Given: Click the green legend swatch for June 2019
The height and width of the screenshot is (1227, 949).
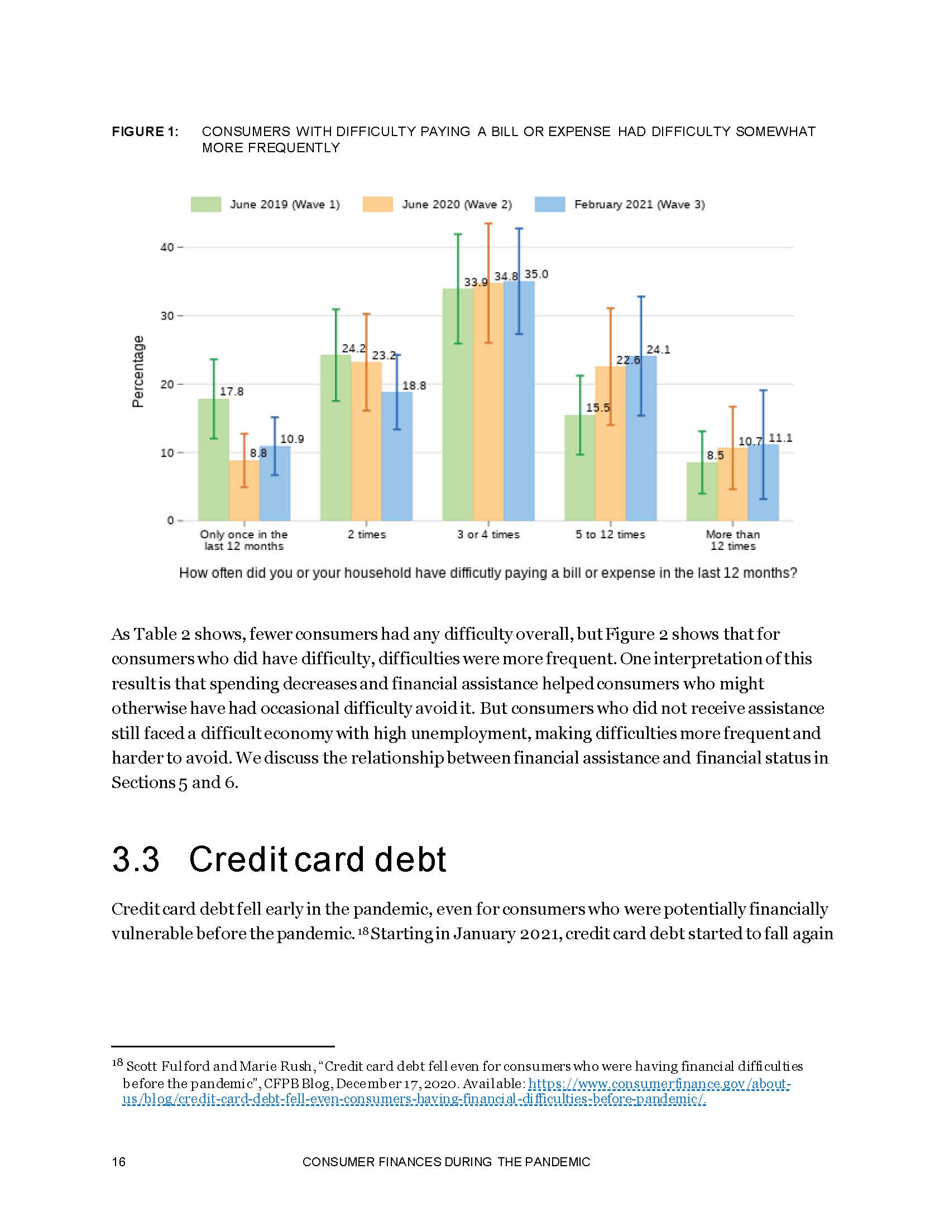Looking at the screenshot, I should (x=205, y=205).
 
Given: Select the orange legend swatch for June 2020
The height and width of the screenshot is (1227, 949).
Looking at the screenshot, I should (x=377, y=205).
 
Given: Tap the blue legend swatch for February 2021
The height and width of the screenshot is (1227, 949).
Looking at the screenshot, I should (x=549, y=205).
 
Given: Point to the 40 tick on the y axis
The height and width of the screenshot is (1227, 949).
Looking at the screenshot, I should (x=167, y=247).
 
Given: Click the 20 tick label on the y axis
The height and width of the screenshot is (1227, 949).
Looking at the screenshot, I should (x=167, y=385).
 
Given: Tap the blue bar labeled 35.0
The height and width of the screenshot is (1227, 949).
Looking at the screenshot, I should (x=519, y=404).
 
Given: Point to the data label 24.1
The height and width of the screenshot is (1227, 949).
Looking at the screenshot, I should (x=658, y=350).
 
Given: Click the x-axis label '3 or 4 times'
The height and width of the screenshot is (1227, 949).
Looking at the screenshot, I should (x=488, y=535).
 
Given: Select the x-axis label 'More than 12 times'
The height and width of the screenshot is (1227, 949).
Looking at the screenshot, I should (x=732, y=540).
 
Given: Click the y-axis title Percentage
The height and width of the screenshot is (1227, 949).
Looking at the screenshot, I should (x=138, y=371).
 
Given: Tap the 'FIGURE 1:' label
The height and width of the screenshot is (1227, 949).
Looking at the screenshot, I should (x=145, y=132).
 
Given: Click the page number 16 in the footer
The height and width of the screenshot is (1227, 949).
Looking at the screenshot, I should (x=118, y=1162).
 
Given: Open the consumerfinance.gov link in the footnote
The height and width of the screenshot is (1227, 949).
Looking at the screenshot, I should (x=658, y=1084).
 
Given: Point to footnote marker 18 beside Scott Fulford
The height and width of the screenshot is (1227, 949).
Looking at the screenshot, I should (x=117, y=1062).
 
